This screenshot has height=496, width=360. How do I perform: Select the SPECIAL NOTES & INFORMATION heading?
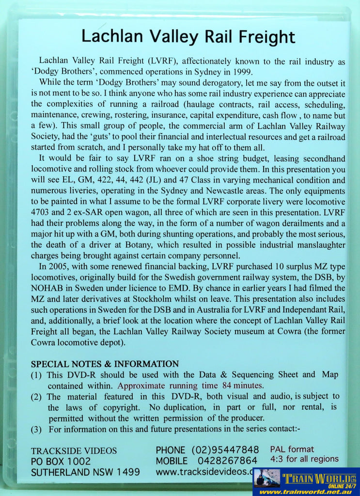coord(105,364)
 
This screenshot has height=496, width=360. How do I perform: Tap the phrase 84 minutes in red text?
coord(242,386)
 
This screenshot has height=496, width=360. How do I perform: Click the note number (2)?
coord(37,397)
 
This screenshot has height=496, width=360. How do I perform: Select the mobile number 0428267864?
coord(227,461)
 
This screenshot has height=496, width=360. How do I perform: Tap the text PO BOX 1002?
coord(61,461)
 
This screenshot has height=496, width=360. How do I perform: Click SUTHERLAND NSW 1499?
coord(85,472)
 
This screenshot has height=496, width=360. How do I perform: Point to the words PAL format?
coord(292,449)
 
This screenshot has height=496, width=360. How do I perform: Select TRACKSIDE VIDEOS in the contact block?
coord(74,450)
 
